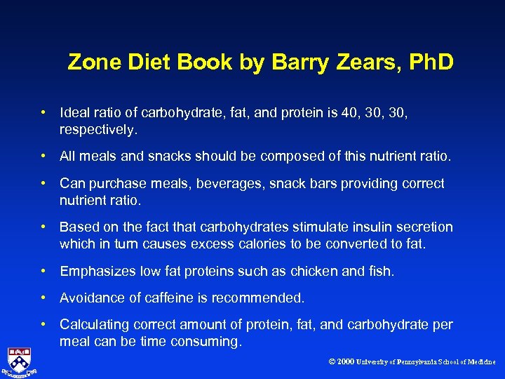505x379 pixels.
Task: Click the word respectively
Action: pos(99,130)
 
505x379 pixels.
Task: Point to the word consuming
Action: pos(210,342)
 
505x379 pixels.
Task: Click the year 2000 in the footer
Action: pos(345,362)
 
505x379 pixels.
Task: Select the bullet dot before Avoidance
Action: pos(43,298)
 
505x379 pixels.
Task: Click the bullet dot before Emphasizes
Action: pos(43,271)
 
